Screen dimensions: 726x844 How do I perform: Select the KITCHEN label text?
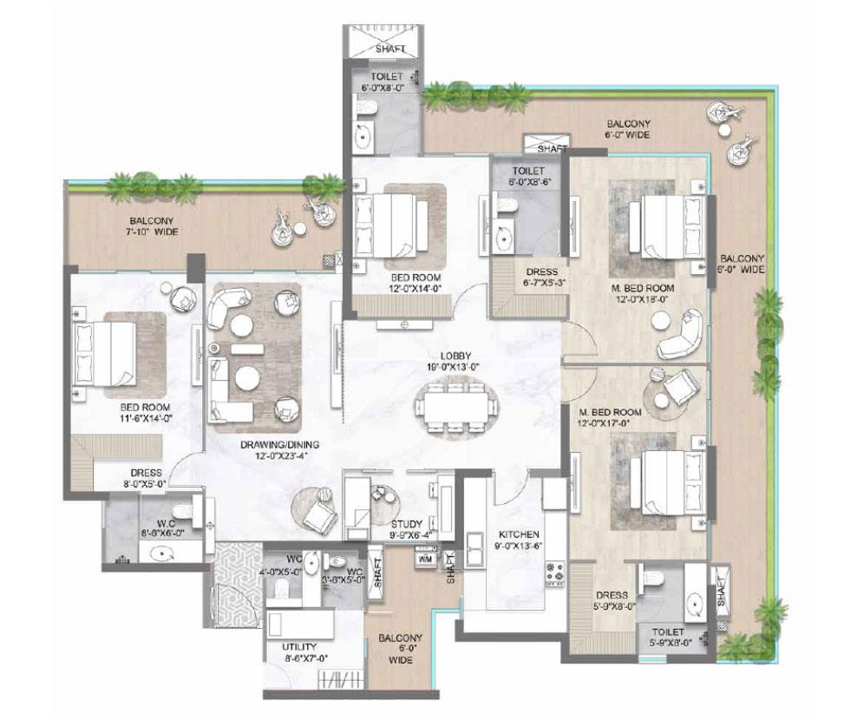[x=519, y=535]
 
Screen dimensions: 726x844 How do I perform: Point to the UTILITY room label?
[x=299, y=647]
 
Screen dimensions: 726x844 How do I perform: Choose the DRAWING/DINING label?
[x=281, y=444]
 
